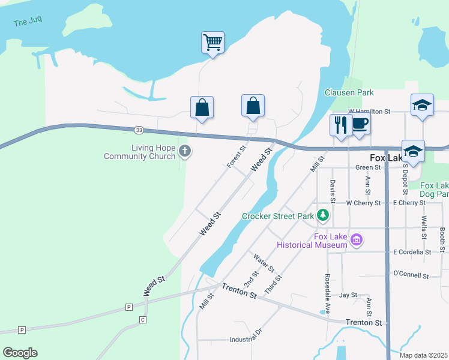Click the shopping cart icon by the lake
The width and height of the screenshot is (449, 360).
[x=212, y=43]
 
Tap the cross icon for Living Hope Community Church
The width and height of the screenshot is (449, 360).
[x=185, y=152]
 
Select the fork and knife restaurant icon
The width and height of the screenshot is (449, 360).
[x=341, y=125]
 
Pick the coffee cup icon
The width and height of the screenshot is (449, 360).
[x=360, y=124]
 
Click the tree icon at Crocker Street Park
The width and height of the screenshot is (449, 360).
[x=324, y=214]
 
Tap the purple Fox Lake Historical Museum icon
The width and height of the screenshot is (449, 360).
[x=357, y=240]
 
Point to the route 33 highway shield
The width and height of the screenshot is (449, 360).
[x=139, y=130]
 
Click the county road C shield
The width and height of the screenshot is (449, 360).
[x=143, y=319]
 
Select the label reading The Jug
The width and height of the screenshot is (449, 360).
[x=28, y=23]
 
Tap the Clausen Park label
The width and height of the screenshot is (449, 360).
[x=349, y=92]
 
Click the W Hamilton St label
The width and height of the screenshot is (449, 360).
[x=369, y=112]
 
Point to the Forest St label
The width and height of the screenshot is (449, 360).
[x=237, y=157]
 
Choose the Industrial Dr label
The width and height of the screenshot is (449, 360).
[x=246, y=340]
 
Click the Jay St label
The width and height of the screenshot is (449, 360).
[x=348, y=295]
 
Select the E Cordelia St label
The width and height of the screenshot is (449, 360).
[x=412, y=252]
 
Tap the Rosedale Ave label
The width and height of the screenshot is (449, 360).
[x=328, y=294]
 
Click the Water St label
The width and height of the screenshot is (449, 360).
[x=264, y=262]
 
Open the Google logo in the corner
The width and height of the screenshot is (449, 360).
[x=20, y=353]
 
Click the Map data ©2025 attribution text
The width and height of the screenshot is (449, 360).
[x=423, y=355]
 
